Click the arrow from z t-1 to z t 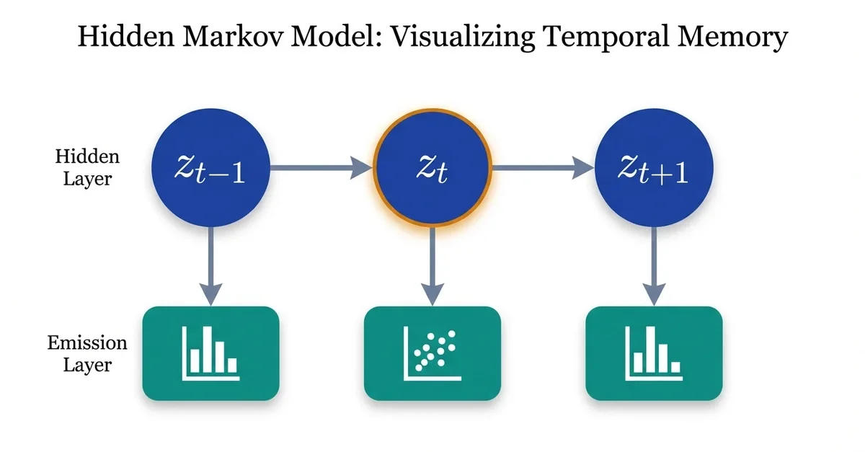321,170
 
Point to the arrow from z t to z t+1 543,170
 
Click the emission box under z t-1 210,353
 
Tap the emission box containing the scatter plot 432,353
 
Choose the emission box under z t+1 653,353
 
